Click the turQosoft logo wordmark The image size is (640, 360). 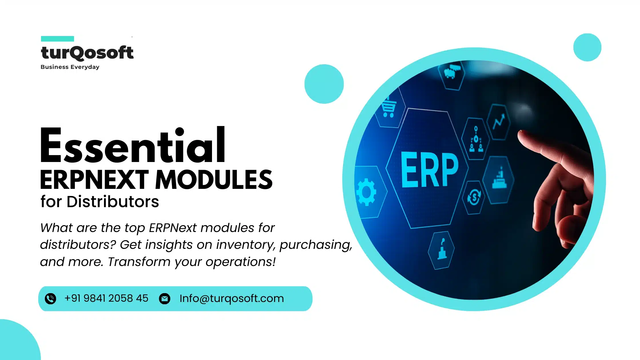click(87, 53)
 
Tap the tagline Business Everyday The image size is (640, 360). click(70, 67)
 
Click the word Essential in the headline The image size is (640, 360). click(133, 146)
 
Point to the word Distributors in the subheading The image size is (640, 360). click(113, 202)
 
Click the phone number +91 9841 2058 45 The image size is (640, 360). click(106, 298)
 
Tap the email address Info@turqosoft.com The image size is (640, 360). click(231, 298)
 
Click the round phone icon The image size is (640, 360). click(51, 299)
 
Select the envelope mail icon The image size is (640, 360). click(165, 299)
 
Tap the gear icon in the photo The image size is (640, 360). click(366, 192)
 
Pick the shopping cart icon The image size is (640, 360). click(389, 108)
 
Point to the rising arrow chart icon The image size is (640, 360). click(499, 121)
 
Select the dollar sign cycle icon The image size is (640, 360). click(474, 197)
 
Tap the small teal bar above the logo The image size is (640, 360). click(57, 39)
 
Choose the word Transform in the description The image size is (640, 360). click(139, 262)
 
